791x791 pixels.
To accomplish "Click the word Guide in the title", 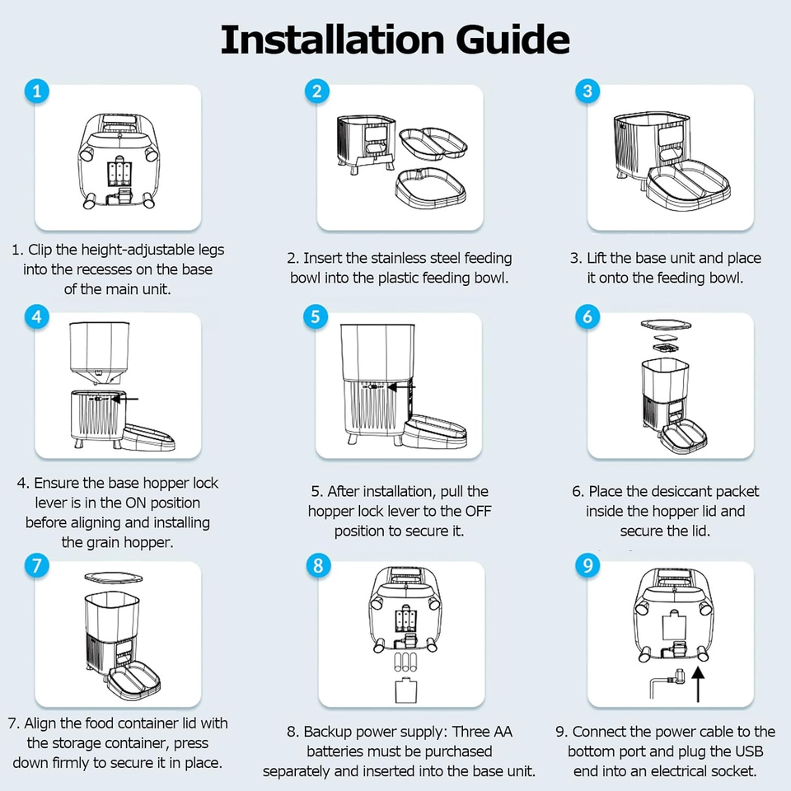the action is tap(513, 40).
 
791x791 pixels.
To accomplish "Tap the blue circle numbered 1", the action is tap(37, 91).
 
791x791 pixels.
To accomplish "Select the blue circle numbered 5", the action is tap(316, 316).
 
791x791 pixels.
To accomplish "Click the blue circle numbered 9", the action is tap(587, 565).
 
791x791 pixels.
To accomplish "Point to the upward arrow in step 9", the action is tap(698, 685).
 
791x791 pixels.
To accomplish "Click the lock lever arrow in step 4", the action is tap(124, 399).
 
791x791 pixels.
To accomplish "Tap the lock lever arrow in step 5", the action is tap(401, 387).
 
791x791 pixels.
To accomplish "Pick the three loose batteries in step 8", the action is tap(406, 662).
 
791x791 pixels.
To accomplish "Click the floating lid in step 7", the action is tap(114, 578).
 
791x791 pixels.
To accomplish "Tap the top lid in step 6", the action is tap(666, 325).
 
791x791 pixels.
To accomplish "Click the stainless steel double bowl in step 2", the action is tap(433, 143).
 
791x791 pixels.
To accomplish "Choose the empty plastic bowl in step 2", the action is tap(430, 187).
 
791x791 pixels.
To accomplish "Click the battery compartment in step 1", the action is tap(119, 174).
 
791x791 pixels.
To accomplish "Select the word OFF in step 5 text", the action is tap(478, 511).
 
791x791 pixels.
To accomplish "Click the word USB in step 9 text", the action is tap(749, 751).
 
